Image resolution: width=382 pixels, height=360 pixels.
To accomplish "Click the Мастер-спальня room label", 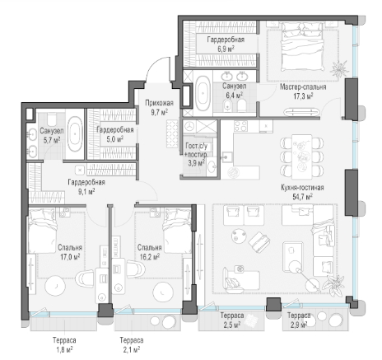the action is pos(303,87).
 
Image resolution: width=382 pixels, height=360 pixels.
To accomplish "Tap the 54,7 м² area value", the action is pos(302,197).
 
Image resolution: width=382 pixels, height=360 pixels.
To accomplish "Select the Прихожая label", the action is pos(159,103).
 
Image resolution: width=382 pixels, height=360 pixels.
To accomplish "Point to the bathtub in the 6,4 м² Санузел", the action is pos(203,93).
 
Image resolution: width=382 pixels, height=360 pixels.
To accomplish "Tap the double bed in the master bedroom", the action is pos(302,47).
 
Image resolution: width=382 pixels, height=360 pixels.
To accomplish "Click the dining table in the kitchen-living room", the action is pos(302,157).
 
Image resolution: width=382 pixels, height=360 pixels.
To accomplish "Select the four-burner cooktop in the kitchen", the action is pos(240,126).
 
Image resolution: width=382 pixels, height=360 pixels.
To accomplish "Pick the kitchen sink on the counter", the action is pos(227,157).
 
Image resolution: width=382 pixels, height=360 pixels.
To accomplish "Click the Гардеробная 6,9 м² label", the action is pos(226,44).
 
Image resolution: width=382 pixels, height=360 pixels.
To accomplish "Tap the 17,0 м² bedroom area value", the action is pos(70,257).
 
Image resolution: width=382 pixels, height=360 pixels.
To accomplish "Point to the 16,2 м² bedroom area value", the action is pos(150,257).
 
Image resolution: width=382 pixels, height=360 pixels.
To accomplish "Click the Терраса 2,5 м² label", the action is pos(232,320).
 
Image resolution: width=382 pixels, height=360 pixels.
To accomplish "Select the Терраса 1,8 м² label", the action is pos(64,345).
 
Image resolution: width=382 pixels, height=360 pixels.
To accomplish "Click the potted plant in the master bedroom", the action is pos(339,68).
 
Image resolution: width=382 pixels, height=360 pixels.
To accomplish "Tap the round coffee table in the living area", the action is pos(238,236).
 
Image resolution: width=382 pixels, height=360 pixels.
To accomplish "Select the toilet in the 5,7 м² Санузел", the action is pos(52,119).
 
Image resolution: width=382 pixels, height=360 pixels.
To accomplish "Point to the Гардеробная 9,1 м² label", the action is pos(86,187).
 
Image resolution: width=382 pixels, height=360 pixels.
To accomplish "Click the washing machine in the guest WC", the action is pos(189,127).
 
